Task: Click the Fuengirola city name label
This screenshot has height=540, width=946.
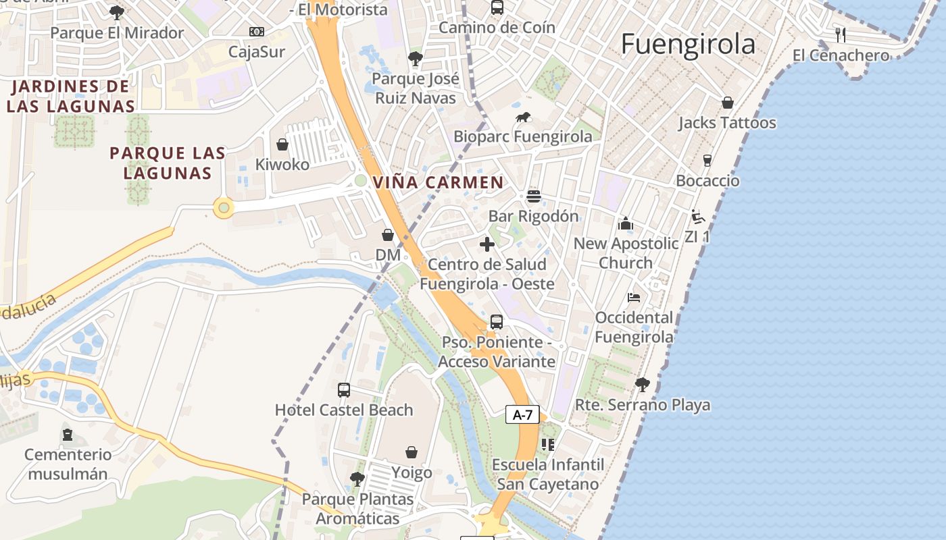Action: pos(688,45)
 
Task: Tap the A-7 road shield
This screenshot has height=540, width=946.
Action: pos(523,414)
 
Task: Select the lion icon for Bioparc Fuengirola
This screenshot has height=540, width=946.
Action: pos(523,118)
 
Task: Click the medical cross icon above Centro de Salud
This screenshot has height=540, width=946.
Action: pos(487,244)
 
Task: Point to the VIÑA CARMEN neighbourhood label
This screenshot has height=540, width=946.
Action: pos(438,182)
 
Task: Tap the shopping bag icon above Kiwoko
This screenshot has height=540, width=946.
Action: pos(282,145)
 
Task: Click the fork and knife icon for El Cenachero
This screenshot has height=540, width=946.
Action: pos(841,34)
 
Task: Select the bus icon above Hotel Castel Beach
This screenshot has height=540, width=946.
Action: pos(344,390)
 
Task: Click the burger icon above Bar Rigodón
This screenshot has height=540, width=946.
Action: pos(534,196)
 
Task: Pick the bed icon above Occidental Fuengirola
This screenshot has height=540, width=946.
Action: pos(633,297)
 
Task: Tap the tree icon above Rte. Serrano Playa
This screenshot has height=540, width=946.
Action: pos(642,385)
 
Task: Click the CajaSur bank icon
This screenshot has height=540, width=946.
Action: pos(256,32)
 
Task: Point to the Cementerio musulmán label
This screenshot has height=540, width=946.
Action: pos(68,464)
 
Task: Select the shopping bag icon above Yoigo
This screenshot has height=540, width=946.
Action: pos(411,452)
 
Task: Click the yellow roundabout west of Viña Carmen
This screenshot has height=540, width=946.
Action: pos(224,208)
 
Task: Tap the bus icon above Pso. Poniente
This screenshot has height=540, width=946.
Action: pos(497,322)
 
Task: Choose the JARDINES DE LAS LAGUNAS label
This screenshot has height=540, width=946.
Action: pos(71,97)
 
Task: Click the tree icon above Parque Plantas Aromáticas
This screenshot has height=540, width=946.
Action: pos(357,479)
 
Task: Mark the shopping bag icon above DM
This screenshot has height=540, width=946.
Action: pos(388,235)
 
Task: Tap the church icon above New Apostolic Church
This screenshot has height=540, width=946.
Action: pos(626,223)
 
